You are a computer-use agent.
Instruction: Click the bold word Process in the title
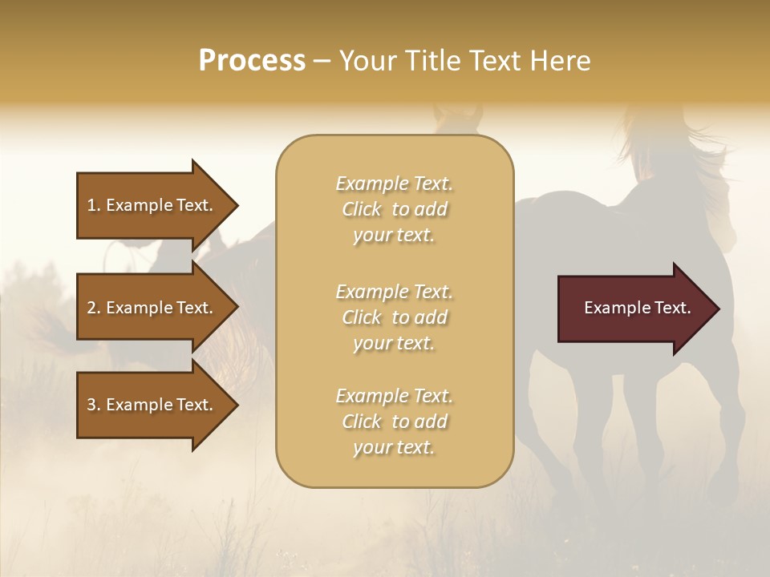click(252, 61)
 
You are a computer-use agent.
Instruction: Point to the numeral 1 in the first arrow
click(91, 206)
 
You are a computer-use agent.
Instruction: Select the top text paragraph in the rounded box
click(394, 209)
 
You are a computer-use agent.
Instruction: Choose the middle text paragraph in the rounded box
click(394, 317)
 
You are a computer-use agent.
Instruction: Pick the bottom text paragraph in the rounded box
click(394, 422)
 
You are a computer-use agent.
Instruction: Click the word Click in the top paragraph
click(362, 210)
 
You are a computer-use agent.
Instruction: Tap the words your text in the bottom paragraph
click(394, 448)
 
